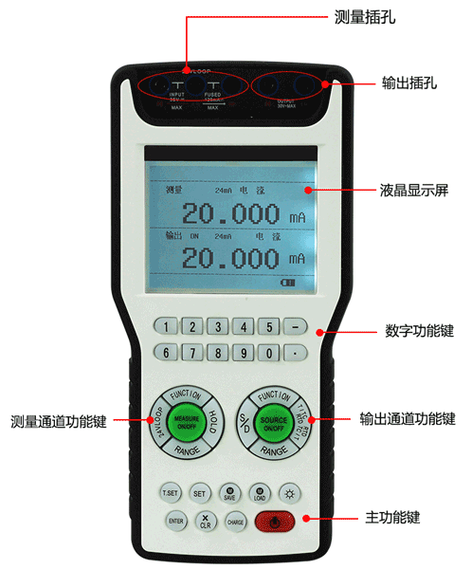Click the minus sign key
[x=296, y=327]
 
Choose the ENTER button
[x=174, y=521]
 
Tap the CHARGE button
[x=234, y=521]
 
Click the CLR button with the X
[x=205, y=521]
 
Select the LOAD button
[x=260, y=492]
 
